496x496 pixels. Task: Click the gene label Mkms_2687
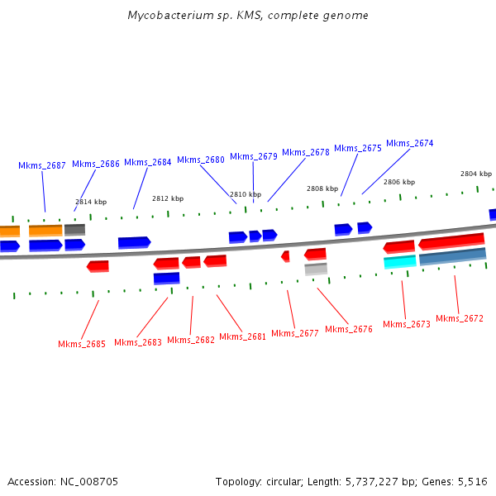(x=42, y=165)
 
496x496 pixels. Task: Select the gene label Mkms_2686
(x=96, y=164)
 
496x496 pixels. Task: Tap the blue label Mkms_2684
(x=148, y=162)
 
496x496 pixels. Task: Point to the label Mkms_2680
(x=201, y=160)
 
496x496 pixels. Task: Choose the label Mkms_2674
(x=410, y=143)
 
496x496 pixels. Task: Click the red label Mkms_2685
(x=82, y=344)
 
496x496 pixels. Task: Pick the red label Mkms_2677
(x=295, y=333)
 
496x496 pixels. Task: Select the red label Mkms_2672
(x=460, y=318)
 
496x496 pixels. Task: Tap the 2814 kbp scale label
(x=91, y=202)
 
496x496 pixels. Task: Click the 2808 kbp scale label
(x=322, y=188)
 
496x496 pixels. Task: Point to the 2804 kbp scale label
(x=476, y=174)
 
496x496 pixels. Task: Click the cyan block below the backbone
(x=400, y=262)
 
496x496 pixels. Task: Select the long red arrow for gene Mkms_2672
(x=451, y=241)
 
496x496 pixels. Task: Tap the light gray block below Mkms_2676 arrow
(x=316, y=269)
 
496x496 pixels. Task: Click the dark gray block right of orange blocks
(x=74, y=229)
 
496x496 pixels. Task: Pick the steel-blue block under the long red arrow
(x=452, y=257)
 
